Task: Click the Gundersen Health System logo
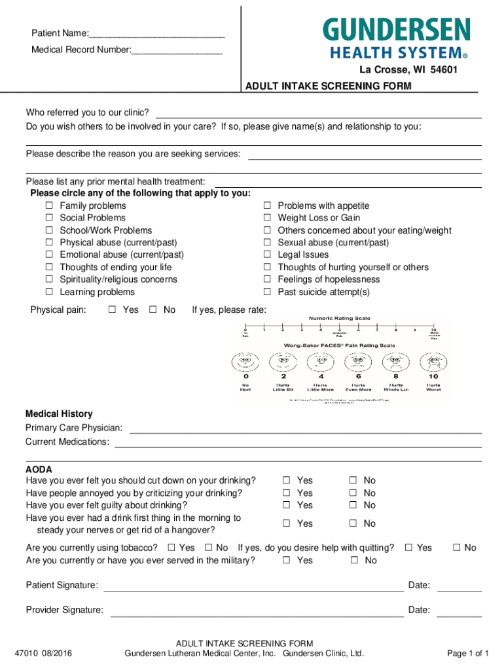[x=396, y=39]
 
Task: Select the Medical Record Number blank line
[x=177, y=51]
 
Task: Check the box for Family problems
[x=49, y=206]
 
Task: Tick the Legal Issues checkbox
[x=267, y=255]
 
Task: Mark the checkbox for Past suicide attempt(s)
[x=267, y=292]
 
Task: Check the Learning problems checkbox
[x=49, y=292]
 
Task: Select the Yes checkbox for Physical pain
[x=112, y=310]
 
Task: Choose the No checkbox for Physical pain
[x=153, y=310]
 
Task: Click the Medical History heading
[x=59, y=414]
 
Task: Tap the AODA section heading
[x=39, y=470]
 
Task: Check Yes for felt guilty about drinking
[x=286, y=506]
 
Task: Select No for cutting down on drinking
[x=352, y=481]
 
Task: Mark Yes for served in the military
[x=286, y=561]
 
